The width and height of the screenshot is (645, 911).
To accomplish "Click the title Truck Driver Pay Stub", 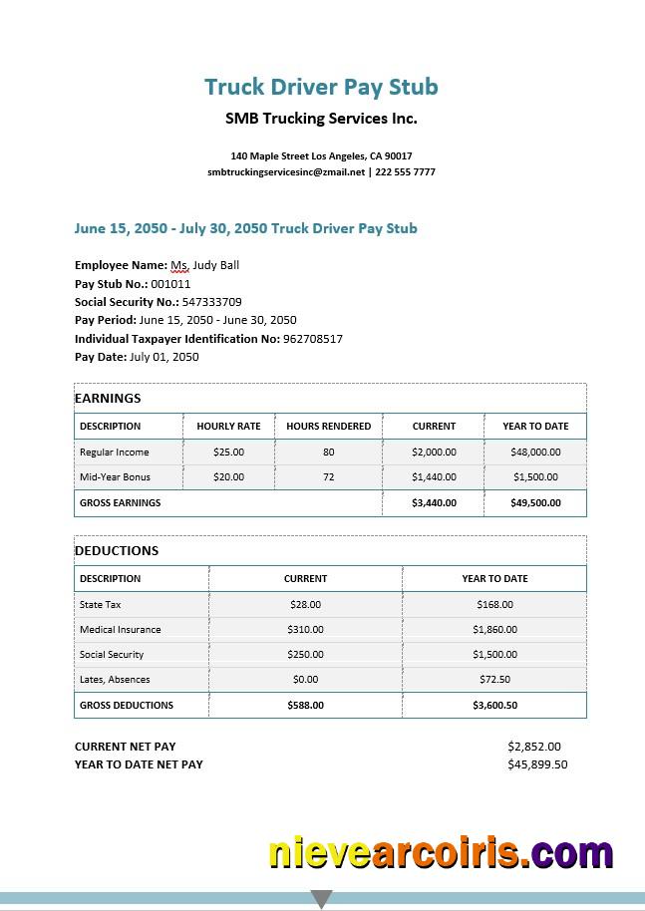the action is pyautogui.click(x=321, y=87).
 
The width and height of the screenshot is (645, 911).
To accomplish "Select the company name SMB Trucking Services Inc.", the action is pyautogui.click(x=321, y=119).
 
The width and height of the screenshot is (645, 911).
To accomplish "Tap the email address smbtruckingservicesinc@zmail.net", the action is pyautogui.click(x=286, y=172).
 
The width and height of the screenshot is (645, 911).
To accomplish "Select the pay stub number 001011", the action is pyautogui.click(x=170, y=284).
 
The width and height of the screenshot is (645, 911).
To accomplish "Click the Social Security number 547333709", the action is pyautogui.click(x=211, y=302).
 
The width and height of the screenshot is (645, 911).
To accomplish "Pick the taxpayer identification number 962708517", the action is pyautogui.click(x=312, y=339).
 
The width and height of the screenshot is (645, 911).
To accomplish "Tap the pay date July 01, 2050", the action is pyautogui.click(x=164, y=357).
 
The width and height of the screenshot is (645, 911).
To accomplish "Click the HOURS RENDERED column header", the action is pyautogui.click(x=328, y=427).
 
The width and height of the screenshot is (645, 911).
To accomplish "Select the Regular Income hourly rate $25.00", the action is pyautogui.click(x=228, y=453).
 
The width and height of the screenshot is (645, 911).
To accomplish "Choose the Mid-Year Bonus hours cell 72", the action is pyautogui.click(x=328, y=477).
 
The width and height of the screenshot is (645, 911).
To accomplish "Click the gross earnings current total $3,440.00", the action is pyautogui.click(x=434, y=503).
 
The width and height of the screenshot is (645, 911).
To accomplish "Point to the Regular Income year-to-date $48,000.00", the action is pyautogui.click(x=535, y=453).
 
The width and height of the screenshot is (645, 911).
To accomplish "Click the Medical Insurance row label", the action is pyautogui.click(x=120, y=630).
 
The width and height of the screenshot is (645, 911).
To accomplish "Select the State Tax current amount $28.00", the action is pyautogui.click(x=305, y=605).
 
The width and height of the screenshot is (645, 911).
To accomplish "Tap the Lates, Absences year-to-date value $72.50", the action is pyautogui.click(x=494, y=680).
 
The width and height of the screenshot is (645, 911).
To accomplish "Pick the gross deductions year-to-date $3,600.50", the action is pyautogui.click(x=494, y=706).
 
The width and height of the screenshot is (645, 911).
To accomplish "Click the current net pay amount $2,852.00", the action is pyautogui.click(x=534, y=747).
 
